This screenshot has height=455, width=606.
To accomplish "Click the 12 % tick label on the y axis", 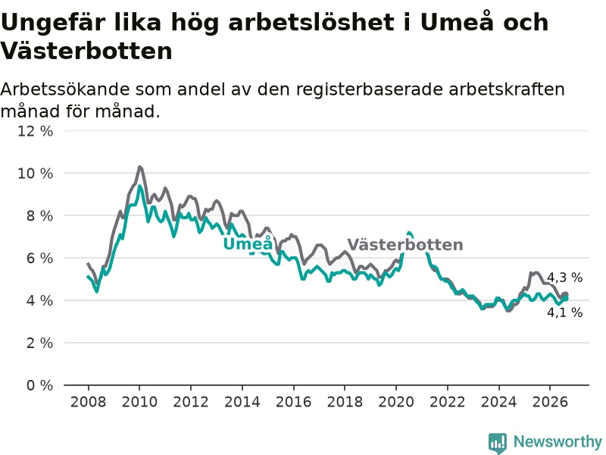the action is pos(35,131).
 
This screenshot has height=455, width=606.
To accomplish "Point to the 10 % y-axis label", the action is pos(35,174).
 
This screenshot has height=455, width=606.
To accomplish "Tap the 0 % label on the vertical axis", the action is pos(39,385).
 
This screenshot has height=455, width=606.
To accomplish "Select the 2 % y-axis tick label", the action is pos(39,343).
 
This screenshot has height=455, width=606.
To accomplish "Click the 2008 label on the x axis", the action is pos(88,402).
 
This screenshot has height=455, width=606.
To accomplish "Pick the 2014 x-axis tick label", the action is pos(242,402).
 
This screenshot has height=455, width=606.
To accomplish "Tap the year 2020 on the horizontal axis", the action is pos(395,402).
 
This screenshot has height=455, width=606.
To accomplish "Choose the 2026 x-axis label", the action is pos(550,402).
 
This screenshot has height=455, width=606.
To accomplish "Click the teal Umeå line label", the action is pos(248,243).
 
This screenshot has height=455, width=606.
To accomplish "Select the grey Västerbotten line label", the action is pos(405,244).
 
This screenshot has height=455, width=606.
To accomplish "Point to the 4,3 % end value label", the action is pos(564,278).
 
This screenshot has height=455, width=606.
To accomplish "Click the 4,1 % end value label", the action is pos(564,312).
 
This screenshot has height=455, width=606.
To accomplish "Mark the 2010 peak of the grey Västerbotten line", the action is pos(139,167).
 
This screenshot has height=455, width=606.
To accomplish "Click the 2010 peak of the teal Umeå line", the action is pos(139,186).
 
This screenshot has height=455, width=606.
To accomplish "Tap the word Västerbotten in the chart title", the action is pos(86,51).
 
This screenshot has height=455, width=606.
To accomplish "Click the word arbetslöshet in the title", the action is pos(311,22).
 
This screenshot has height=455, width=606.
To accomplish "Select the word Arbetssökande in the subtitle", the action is pos(65,89).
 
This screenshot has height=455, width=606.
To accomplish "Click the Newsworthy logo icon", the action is pos(498,442).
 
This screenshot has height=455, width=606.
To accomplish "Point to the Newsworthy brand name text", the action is pos(558,441).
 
